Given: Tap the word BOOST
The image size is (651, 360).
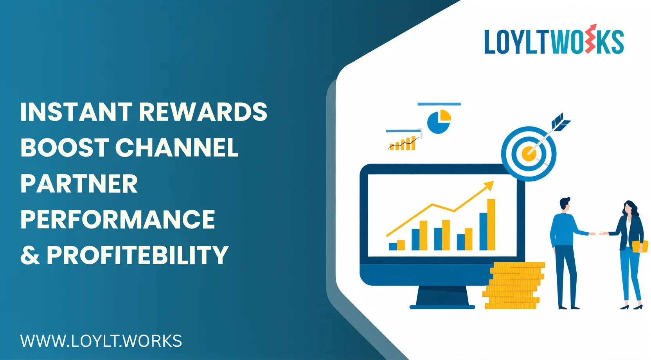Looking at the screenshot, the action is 65,148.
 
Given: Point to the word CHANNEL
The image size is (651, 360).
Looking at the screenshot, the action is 177,148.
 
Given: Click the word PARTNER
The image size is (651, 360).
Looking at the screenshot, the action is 79,184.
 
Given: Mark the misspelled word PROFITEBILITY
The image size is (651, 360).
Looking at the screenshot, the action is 138,255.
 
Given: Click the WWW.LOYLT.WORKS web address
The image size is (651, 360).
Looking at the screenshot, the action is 101,340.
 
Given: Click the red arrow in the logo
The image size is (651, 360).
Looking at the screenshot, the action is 592,38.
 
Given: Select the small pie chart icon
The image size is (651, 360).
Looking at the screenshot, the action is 439,122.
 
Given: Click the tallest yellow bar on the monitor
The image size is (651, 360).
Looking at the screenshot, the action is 491,225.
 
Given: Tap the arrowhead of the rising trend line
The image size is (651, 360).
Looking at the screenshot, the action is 489,185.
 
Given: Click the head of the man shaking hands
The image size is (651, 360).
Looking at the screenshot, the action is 565,204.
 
